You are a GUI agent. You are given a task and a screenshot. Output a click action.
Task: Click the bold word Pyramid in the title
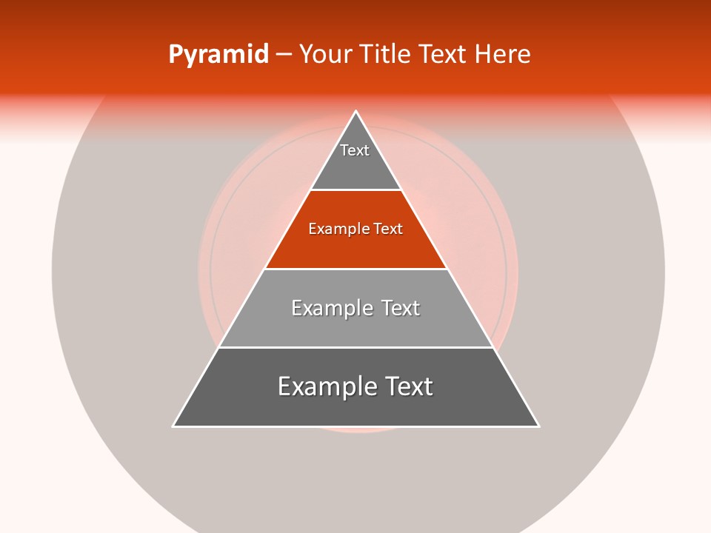point(218,55)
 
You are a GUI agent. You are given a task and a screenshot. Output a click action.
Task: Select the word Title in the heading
point(387,55)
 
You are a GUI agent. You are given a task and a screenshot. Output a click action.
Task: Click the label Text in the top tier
point(355,150)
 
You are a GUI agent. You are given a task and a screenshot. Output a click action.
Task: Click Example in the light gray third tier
point(330,308)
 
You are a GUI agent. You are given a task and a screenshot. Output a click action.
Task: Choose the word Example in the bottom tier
point(324,386)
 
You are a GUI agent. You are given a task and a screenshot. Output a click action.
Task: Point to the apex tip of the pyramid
point(356,112)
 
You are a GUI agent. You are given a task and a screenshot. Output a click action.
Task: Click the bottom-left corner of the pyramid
point(174,426)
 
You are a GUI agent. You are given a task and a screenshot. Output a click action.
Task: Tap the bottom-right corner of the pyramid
point(538,426)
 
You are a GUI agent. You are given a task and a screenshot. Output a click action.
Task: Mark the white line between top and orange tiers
point(356,190)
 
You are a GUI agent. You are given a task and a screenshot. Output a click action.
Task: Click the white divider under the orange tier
point(356,269)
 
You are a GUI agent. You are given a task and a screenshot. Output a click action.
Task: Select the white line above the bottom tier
point(356,347)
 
